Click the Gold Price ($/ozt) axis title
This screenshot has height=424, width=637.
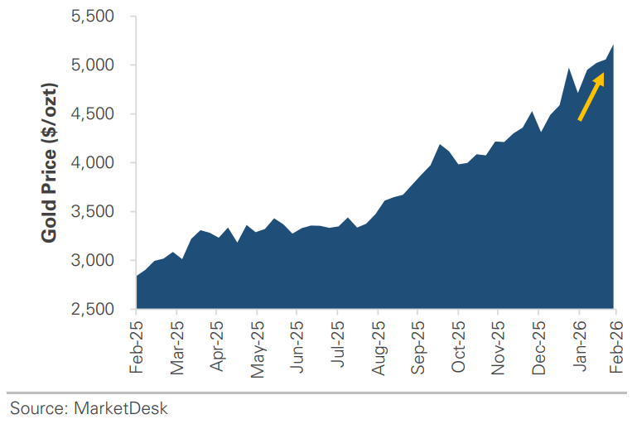50,163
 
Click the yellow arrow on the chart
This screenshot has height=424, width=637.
591,96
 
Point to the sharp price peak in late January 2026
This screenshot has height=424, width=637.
569,70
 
